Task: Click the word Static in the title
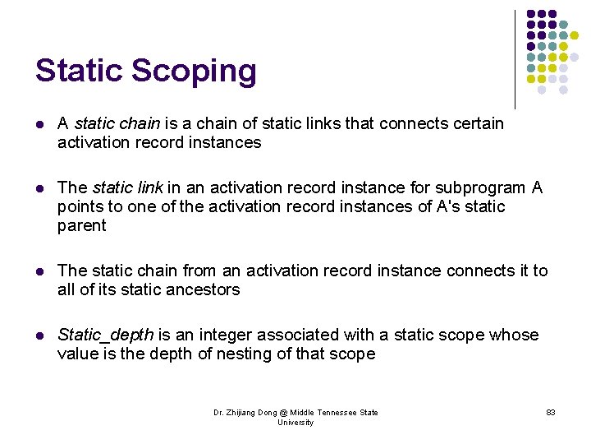77,72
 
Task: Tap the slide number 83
550,412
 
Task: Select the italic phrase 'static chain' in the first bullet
117,123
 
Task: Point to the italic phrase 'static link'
128,187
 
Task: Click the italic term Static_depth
105,335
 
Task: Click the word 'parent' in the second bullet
81,225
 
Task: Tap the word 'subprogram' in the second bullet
485,187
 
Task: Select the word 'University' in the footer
295,423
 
